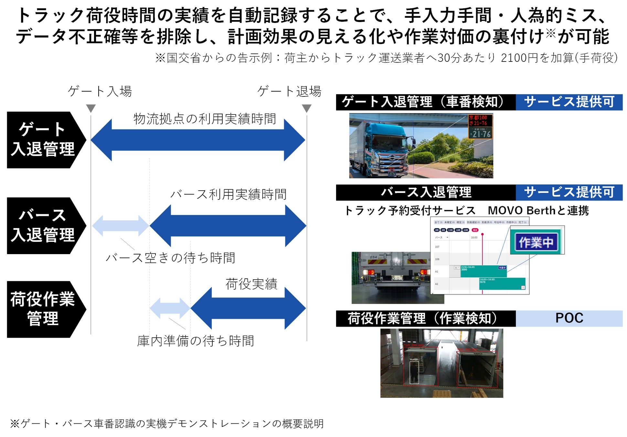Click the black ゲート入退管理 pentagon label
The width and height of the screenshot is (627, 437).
point(44,140)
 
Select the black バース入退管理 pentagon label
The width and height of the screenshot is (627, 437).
point(44,226)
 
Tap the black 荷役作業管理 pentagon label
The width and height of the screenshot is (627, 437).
point(44,309)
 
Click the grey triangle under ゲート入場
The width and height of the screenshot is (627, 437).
point(91,108)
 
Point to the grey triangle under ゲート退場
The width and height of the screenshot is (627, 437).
point(306,108)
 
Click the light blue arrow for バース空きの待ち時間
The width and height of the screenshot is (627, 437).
point(121,226)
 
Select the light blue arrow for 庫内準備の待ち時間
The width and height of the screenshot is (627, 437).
point(170,308)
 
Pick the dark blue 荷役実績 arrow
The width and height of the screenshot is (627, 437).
point(248,308)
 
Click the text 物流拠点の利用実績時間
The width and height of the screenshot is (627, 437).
point(205,119)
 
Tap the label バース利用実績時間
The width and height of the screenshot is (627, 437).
point(228,194)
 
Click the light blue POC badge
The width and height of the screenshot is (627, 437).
point(569,318)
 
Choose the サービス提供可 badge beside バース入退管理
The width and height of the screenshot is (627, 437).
point(569,192)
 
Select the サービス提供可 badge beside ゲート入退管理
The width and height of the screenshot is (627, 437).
point(569,102)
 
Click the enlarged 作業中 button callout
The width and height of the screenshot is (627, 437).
point(537,242)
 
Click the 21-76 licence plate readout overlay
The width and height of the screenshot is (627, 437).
point(481,133)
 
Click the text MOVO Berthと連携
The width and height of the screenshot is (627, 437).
point(538,211)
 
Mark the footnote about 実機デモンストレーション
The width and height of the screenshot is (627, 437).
point(167,423)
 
